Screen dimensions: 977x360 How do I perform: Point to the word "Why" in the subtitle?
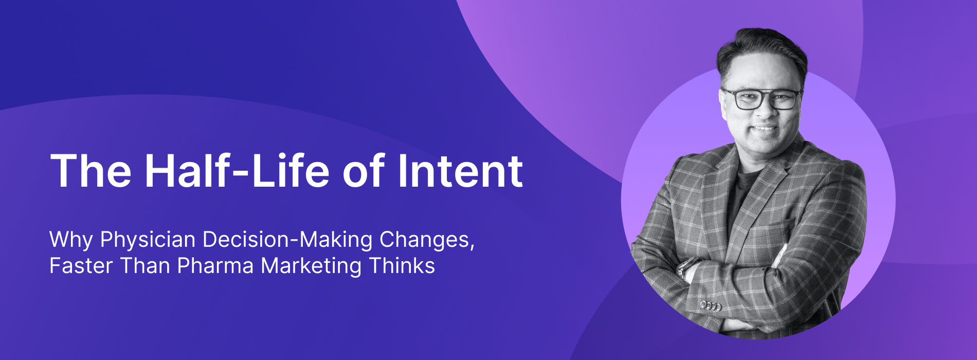[71, 240]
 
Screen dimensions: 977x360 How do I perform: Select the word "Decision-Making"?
[288, 240]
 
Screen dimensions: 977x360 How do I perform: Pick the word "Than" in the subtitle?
[145, 266]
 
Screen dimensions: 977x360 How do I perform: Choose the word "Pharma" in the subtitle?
[215, 266]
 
